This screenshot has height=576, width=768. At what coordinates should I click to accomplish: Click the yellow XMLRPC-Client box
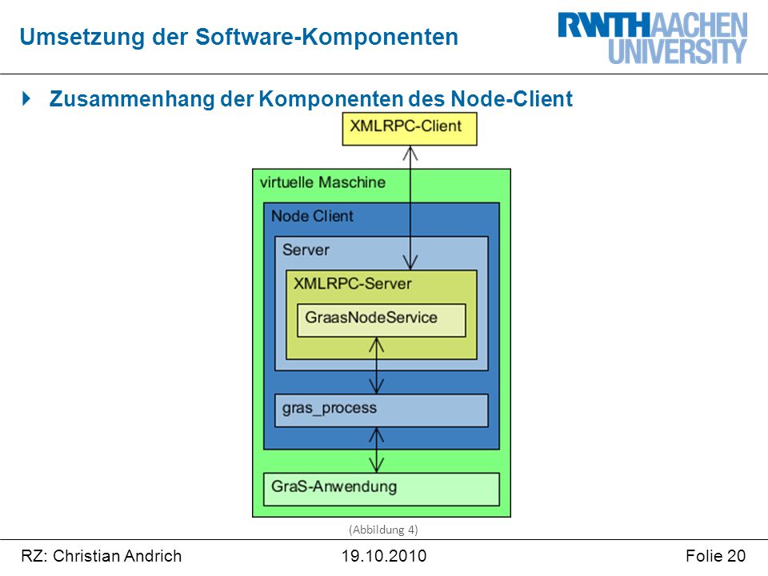point(410,129)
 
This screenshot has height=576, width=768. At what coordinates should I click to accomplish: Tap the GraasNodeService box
point(382,320)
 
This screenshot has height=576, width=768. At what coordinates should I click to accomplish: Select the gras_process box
point(382,410)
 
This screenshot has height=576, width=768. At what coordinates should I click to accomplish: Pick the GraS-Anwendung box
point(382,490)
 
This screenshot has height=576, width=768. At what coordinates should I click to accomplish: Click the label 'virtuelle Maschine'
point(322,182)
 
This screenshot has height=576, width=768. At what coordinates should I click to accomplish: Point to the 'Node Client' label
point(313,216)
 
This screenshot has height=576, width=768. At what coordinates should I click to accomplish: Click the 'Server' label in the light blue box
point(306,250)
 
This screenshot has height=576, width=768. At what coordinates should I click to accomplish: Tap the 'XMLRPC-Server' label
point(353,283)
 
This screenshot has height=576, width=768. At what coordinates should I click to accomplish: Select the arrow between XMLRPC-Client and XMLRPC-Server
point(410,208)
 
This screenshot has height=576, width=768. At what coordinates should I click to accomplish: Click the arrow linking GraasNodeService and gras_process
point(376,366)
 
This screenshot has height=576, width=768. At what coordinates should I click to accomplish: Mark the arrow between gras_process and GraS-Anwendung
point(376,450)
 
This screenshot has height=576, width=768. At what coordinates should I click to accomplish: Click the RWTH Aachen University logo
point(653,38)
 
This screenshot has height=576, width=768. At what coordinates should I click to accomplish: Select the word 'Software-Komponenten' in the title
point(326,38)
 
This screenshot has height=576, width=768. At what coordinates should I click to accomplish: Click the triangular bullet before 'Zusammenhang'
point(26,98)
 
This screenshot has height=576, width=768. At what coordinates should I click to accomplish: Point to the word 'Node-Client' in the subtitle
point(511,98)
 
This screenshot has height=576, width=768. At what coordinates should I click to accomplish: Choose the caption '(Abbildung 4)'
point(383,530)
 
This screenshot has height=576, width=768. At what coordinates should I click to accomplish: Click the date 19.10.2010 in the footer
point(384,556)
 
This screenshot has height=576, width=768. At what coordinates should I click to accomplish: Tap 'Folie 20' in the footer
point(715,556)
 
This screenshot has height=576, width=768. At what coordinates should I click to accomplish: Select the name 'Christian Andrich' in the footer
point(117,556)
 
